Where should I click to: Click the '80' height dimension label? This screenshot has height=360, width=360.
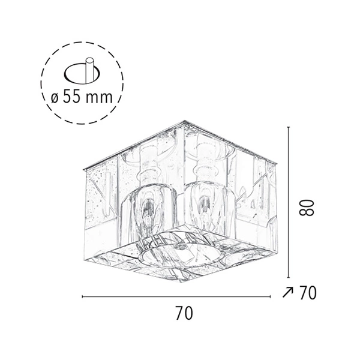point(307,208)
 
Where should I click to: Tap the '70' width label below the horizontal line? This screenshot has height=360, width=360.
point(184,313)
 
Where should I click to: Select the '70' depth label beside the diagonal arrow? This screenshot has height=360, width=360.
point(308,293)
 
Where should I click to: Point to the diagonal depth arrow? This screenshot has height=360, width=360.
point(287,293)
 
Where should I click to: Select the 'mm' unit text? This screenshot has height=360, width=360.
point(99,98)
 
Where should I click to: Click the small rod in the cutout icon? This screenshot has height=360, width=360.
point(89,70)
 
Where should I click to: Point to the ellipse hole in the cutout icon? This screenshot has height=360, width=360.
point(82,73)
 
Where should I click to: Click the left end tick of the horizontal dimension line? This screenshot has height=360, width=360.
point(82,297)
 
